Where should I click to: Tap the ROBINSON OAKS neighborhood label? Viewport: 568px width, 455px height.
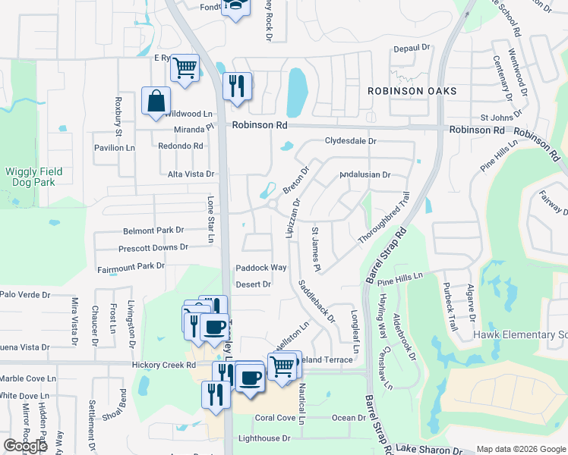[412, 91]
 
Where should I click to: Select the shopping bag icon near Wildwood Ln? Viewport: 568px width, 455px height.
[156, 101]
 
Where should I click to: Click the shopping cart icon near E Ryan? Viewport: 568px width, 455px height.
[185, 69]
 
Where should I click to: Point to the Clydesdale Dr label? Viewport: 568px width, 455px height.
[351, 141]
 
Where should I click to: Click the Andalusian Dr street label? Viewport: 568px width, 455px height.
[364, 174]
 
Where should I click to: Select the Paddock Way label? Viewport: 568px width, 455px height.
[261, 268]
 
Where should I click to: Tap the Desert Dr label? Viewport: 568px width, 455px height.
[254, 284]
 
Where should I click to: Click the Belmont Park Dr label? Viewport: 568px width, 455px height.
[153, 230]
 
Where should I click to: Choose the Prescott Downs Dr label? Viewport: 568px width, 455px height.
[153, 248]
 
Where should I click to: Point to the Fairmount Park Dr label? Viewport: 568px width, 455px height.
[131, 266]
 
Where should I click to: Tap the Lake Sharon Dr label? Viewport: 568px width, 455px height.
[431, 449]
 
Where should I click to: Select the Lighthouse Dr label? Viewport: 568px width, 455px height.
[265, 438]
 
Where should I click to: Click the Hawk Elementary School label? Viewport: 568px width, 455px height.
[520, 334]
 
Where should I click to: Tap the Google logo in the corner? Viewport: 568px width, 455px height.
[25, 446]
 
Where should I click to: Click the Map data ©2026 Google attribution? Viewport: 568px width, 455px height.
[521, 449]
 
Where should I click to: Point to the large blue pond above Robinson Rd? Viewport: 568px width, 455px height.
[298, 91]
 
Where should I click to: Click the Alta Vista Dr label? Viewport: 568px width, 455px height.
[191, 174]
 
